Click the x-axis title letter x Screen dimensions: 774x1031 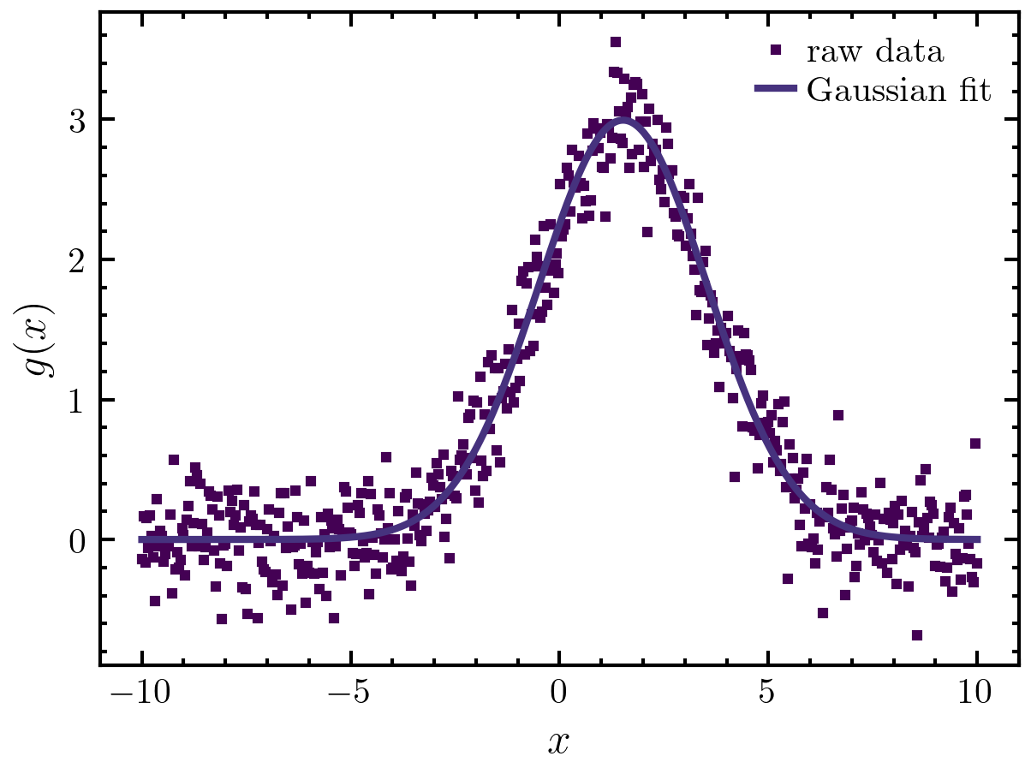point(559,741)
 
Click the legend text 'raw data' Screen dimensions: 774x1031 point(875,53)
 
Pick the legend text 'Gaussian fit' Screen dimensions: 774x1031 point(899,90)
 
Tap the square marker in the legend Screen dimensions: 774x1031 point(777,51)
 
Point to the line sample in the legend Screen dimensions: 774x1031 point(777,89)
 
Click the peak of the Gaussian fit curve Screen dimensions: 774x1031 point(623,120)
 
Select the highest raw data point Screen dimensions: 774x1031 point(615,42)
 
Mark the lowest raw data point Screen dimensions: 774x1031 point(917,635)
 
